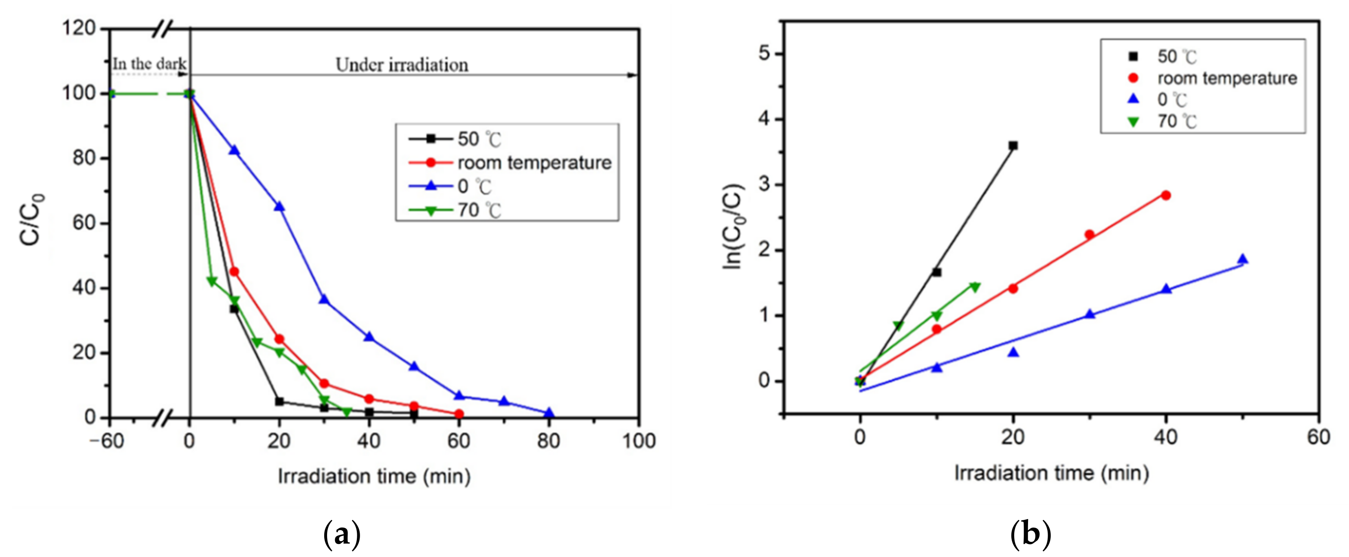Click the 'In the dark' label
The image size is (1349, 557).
[x=149, y=64]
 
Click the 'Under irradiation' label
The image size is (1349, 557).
[x=402, y=65]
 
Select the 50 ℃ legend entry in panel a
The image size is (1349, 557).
[x=479, y=139]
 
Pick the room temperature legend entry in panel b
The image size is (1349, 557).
[x=1226, y=79]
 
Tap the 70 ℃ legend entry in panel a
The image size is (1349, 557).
[x=479, y=211]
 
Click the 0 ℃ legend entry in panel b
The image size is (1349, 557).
[x=1172, y=99]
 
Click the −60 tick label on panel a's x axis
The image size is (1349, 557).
[x=106, y=441]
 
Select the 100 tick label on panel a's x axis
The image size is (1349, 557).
[x=638, y=441]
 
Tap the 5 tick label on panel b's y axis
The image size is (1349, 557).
[x=764, y=54]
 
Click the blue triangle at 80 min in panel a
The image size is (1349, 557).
[x=549, y=413]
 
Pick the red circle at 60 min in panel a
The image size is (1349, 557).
[x=459, y=414]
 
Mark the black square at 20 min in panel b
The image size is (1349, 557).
[x=1013, y=145]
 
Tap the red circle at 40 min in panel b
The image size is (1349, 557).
[x=1166, y=195]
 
